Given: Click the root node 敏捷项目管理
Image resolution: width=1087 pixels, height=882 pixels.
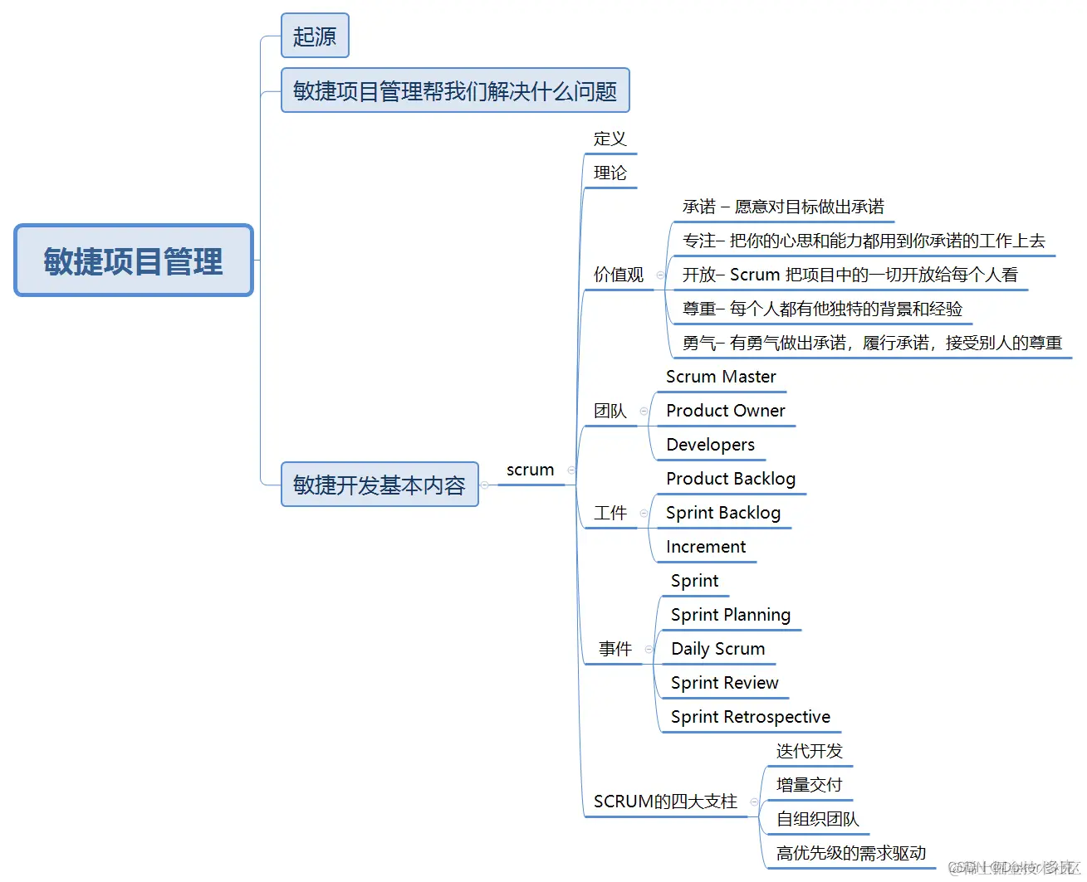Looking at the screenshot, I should [x=134, y=261].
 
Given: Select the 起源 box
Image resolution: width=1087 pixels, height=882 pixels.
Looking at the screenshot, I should [x=315, y=36].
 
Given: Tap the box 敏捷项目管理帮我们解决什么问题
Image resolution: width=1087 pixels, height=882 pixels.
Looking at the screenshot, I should [x=455, y=90].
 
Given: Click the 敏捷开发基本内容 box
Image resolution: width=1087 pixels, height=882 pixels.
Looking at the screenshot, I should [x=379, y=485].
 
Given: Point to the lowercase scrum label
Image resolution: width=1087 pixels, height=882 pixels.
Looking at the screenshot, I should [x=530, y=470].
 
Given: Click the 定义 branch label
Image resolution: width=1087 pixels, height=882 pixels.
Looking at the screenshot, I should [x=610, y=139].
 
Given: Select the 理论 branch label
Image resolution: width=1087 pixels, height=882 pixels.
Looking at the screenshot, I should [x=610, y=173].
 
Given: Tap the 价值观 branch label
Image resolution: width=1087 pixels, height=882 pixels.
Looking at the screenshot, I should [x=618, y=275].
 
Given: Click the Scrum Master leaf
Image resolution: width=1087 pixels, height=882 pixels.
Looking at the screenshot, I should [x=721, y=377].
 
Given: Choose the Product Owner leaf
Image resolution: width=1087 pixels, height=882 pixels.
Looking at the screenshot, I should [x=725, y=411].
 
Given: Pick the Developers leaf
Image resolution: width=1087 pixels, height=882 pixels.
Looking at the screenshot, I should [x=710, y=445].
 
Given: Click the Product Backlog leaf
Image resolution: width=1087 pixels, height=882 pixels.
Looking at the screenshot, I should [x=731, y=479].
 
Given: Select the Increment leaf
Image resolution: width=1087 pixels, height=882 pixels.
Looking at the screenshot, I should [x=706, y=547].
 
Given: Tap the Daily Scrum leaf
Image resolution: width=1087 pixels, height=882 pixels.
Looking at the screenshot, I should [x=717, y=649].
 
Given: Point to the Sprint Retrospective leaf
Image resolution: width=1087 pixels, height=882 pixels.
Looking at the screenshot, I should [x=750, y=717].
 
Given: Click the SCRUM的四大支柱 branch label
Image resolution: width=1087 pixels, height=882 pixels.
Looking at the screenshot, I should [x=665, y=802].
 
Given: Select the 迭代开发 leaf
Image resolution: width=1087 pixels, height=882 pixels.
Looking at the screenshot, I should [x=809, y=751].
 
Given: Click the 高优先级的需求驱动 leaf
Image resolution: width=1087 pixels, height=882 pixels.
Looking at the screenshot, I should [x=850, y=853].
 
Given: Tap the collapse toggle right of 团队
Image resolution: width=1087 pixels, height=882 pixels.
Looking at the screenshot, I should [x=644, y=411].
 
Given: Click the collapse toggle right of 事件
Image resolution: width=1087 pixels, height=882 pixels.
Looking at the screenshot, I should [x=649, y=649].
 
